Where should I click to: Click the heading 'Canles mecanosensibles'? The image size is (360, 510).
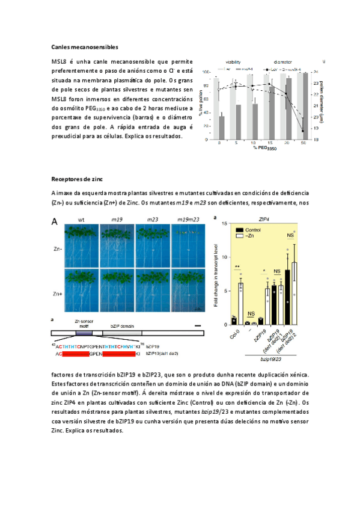84,46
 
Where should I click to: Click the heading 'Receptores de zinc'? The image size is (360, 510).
76,179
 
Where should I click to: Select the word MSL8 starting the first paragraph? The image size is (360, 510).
58,62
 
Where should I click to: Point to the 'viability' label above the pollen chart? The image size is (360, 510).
234,62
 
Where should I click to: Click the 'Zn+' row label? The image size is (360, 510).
56,293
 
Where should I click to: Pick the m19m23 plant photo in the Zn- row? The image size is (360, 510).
186,247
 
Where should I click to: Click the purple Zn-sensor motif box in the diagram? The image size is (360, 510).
84,332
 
